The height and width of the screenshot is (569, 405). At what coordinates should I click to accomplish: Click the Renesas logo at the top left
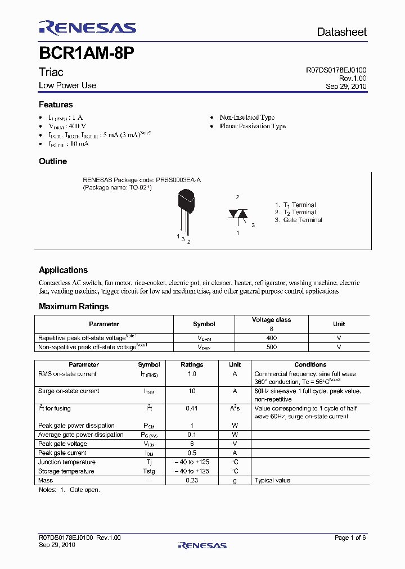click(x=87, y=29)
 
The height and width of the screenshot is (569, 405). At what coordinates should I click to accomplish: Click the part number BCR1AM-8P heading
click(x=86, y=53)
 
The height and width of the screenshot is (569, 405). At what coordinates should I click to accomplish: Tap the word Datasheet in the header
click(x=341, y=32)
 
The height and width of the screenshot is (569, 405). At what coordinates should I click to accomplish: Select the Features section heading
click(x=56, y=105)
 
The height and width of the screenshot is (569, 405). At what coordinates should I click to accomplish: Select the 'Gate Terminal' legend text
click(x=302, y=220)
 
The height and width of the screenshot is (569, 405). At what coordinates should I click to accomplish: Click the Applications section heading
click(x=63, y=270)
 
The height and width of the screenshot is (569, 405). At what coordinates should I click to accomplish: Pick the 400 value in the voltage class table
click(x=271, y=338)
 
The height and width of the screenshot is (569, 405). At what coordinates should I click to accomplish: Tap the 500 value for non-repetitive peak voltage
click(x=271, y=347)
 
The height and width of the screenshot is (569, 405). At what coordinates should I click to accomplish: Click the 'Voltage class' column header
click(x=271, y=319)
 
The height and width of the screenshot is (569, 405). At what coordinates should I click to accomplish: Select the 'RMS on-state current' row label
click(x=67, y=374)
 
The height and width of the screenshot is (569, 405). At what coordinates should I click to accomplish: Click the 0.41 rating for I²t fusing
click(x=191, y=408)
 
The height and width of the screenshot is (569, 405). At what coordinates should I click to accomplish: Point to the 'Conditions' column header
click(x=310, y=364)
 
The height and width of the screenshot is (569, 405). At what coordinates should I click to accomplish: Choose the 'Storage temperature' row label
click(x=66, y=471)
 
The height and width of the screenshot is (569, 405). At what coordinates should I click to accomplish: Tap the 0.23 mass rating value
click(x=191, y=480)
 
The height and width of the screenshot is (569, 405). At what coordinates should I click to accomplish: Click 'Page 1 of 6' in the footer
click(x=350, y=538)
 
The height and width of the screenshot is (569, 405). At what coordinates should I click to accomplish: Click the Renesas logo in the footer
click(x=202, y=545)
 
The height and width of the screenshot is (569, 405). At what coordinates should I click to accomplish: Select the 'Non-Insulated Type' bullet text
click(x=247, y=118)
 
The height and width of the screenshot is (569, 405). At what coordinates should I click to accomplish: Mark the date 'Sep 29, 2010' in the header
click(x=346, y=87)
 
